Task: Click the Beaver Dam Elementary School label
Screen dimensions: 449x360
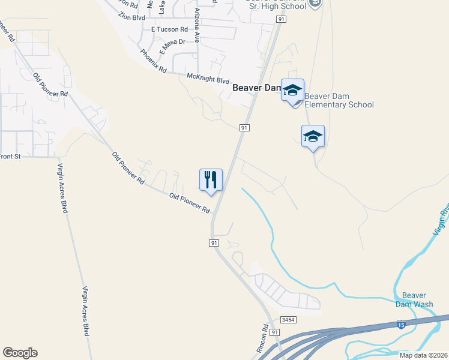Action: tap(339, 100)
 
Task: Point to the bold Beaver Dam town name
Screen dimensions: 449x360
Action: tap(256, 88)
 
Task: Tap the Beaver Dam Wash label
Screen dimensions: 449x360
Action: tap(414, 299)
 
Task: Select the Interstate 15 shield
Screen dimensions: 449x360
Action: tap(400, 325)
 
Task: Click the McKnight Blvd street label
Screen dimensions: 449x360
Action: tap(208, 79)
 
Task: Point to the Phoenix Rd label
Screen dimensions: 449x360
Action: tap(153, 61)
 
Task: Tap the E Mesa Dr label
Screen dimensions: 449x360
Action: tap(173, 46)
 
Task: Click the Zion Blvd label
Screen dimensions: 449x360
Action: tap(132, 17)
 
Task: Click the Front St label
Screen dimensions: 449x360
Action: tap(10, 157)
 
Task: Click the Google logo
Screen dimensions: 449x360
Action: tap(20, 353)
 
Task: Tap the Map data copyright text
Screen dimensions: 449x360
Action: tap(424, 355)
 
